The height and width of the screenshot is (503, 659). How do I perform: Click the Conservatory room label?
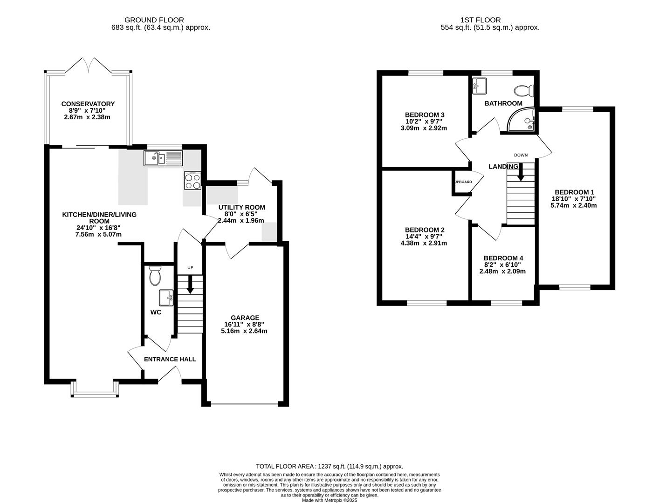pos(88,104)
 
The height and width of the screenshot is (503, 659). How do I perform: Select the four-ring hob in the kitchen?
pos(192,181)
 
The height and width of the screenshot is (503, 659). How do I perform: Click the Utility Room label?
pos(242,207)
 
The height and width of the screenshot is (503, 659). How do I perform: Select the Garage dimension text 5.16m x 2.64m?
pos(244,331)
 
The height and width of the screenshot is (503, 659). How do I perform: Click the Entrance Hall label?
pos(170,359)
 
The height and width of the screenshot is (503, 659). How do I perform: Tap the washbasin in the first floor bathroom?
pos(480,85)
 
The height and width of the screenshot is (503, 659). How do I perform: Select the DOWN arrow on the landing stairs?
pos(521,171)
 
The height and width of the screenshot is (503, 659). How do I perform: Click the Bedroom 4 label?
pos(503,258)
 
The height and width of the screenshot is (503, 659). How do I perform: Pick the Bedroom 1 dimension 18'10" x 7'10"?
pos(574,198)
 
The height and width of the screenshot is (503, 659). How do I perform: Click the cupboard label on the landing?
pos(463,182)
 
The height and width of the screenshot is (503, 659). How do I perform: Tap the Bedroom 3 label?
pos(425,115)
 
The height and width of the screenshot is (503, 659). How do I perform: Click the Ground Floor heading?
pos(154,20)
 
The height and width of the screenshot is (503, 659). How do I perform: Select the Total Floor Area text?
pos(329,466)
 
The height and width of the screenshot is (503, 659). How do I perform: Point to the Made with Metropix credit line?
pos(329,500)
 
